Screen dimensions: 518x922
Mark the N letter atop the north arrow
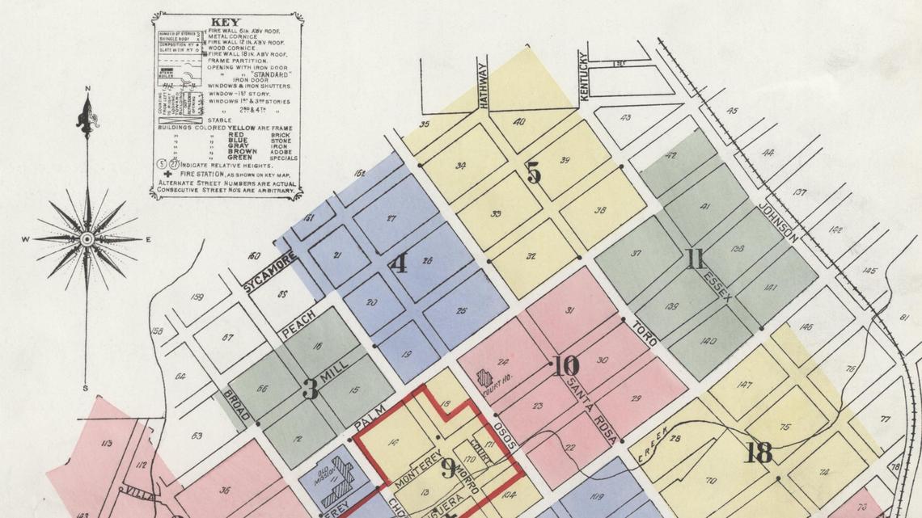pyautogui.click(x=87, y=89)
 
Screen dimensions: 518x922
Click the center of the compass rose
pyautogui.click(x=87, y=239)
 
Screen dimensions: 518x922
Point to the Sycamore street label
pyautogui.click(x=270, y=271)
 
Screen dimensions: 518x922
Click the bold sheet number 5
pyautogui.click(x=533, y=173)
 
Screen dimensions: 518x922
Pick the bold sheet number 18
pyautogui.click(x=758, y=453)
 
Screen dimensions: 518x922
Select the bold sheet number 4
pyautogui.click(x=399, y=264)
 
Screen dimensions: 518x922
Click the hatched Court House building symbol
pyautogui.click(x=484, y=378)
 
